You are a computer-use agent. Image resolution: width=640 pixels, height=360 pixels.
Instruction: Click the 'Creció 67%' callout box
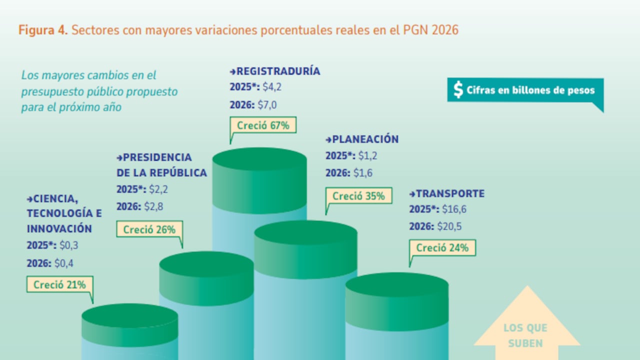263,125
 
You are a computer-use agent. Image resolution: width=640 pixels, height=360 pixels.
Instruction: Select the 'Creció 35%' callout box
358,196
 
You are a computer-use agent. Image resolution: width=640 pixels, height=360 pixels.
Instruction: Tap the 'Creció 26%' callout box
149,229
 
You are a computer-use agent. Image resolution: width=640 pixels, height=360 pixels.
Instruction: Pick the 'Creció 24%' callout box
442,247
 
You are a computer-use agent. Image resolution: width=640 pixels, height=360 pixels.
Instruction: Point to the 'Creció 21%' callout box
59,284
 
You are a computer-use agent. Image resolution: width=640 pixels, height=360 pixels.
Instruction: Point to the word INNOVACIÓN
59,228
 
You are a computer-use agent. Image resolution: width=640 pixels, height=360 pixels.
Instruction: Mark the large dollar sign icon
458,89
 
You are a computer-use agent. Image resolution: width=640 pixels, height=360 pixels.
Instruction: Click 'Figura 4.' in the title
43,30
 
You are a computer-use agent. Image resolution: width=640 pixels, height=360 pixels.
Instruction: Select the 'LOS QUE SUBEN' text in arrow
525,335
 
